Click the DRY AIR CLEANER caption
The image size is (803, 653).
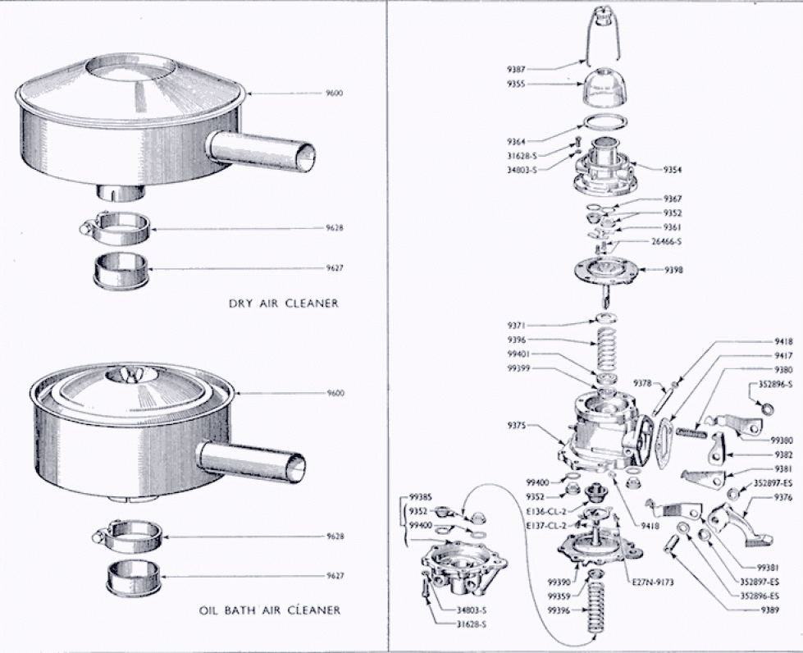pyautogui.click(x=283, y=304)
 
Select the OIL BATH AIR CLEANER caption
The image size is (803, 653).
pyautogui.click(x=270, y=610)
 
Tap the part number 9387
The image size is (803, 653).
pyautogui.click(x=516, y=70)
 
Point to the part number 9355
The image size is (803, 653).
pyautogui.click(x=516, y=84)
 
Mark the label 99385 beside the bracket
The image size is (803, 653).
pyautogui.click(x=421, y=497)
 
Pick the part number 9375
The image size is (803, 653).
pyautogui.click(x=517, y=425)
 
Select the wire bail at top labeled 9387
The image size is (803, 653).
pyautogui.click(x=603, y=37)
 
